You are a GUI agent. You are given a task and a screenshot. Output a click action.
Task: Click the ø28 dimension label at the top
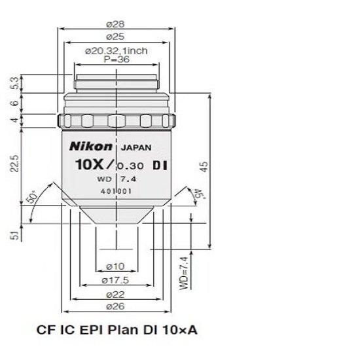coord(117,24)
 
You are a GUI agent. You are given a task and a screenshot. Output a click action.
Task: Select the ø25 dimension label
coord(117,37)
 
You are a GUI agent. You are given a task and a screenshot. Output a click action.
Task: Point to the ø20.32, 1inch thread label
coord(117,50)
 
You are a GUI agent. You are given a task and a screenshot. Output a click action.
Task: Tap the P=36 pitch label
coord(117,58)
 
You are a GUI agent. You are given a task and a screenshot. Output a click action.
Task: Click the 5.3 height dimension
coord(15,84)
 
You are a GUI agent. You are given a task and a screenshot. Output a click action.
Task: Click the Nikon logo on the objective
coord(84,146)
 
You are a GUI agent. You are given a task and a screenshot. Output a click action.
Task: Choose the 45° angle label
coord(194,194)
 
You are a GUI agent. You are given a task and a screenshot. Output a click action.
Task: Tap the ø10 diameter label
coord(116,266)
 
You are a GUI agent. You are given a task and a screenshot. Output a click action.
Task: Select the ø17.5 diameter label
coord(117,281)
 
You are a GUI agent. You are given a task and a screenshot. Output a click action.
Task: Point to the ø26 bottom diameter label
coord(117,306)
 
